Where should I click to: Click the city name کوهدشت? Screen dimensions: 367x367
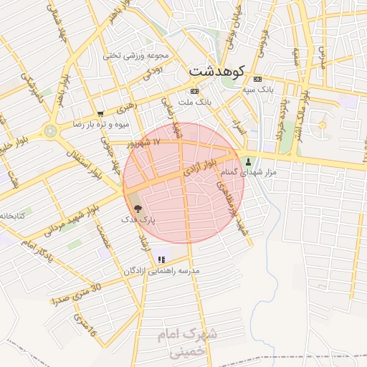click(216, 72)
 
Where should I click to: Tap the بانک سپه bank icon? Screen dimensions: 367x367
click(258, 79)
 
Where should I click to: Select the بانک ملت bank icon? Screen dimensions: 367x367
click(194, 92)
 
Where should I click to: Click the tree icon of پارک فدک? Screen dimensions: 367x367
click(136, 207)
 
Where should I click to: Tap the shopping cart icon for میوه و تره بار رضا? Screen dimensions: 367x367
click(100, 113)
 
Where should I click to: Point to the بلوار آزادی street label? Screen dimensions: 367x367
click(197, 170)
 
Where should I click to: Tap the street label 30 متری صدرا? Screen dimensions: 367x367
click(78, 292)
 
